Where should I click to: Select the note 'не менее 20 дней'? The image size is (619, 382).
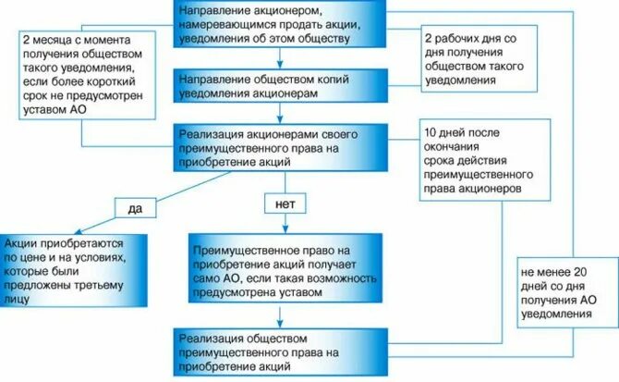click(x=560, y=293)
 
